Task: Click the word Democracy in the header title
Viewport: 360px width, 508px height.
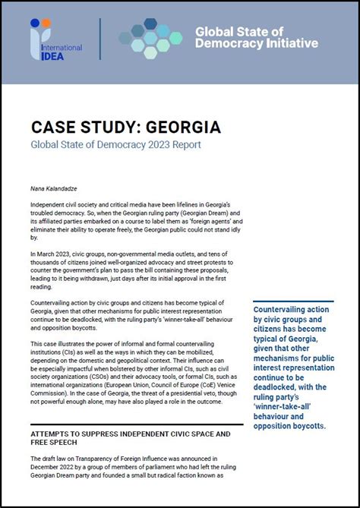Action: (225, 44)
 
